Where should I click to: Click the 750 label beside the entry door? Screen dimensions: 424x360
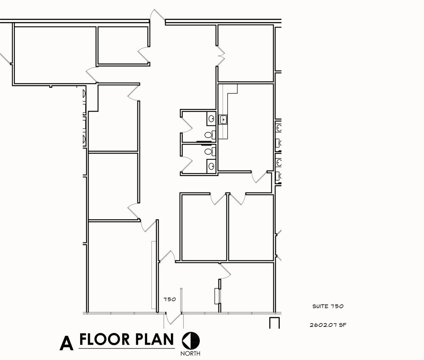[170, 299]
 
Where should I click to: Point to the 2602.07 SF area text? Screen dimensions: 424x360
[328, 325]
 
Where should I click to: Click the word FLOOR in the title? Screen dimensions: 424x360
[104, 339]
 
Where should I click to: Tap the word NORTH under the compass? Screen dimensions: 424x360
[190, 353]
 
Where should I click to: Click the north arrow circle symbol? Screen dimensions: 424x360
[191, 340]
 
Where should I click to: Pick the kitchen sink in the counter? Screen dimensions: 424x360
[223, 119]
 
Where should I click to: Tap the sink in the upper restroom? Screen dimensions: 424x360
[212, 119]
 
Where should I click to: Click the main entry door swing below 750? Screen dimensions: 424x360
[173, 318]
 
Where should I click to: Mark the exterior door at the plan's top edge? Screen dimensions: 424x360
[157, 16]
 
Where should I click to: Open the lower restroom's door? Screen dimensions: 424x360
[186, 164]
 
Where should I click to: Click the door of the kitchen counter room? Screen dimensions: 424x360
[259, 177]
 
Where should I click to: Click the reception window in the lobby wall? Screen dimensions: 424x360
[217, 296]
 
